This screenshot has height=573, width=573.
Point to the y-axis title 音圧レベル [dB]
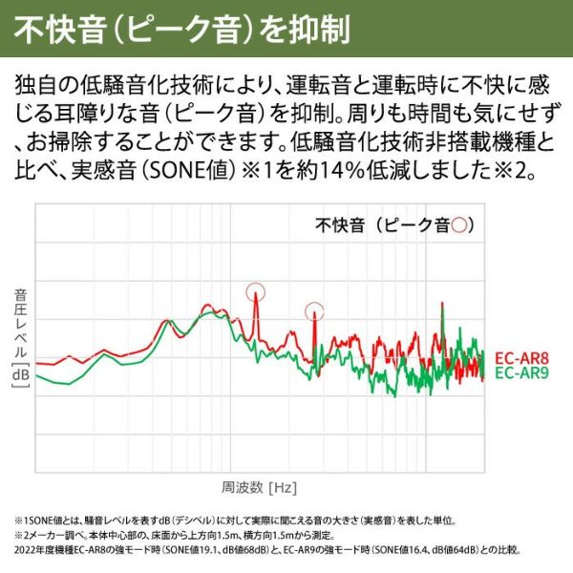pyautogui.click(x=20, y=334)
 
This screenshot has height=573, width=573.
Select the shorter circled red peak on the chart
pyautogui.click(x=314, y=311)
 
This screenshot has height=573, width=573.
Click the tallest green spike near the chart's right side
pyautogui.click(x=442, y=308)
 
